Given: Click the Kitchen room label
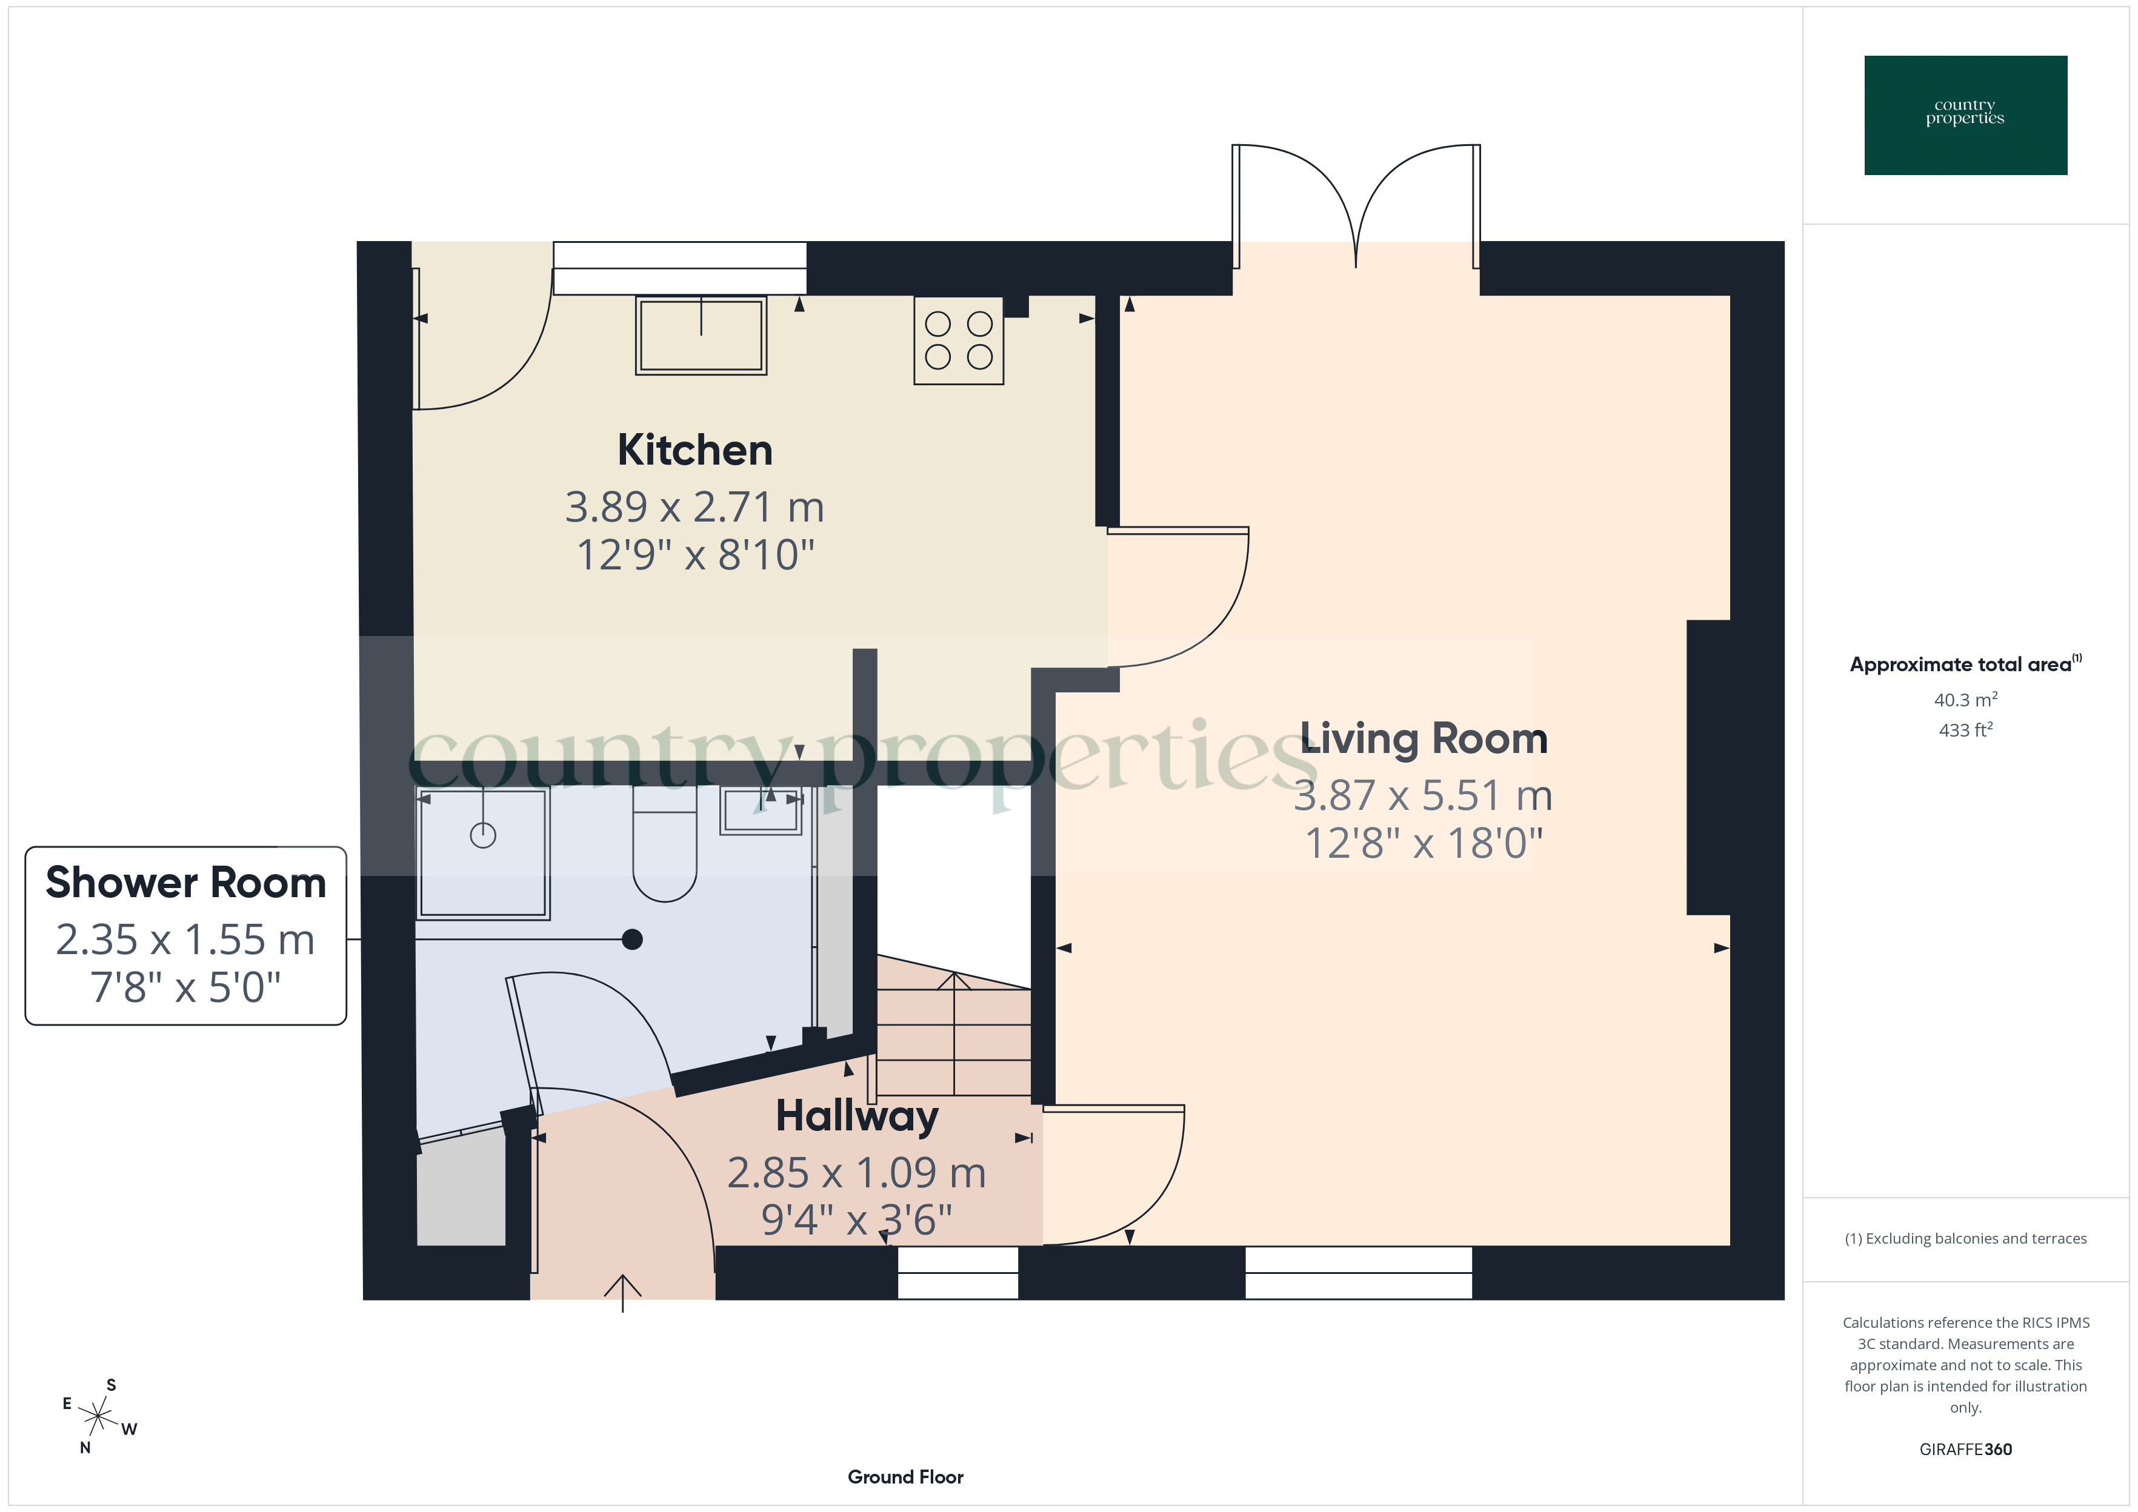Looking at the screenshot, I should click(694, 451).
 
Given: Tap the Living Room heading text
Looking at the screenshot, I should click(1423, 739).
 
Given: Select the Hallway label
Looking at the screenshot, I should click(857, 1116).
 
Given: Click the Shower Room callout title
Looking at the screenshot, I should click(186, 883).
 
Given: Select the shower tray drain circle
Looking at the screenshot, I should click(482, 835).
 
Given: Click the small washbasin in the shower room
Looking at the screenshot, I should click(761, 810).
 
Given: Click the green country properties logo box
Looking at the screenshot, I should click(1965, 116).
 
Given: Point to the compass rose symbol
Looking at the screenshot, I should click(98, 1417).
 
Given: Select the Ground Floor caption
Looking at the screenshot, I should click(905, 1477).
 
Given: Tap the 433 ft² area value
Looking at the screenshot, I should click(1965, 730).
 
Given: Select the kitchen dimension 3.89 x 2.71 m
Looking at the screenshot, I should click(694, 508).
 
